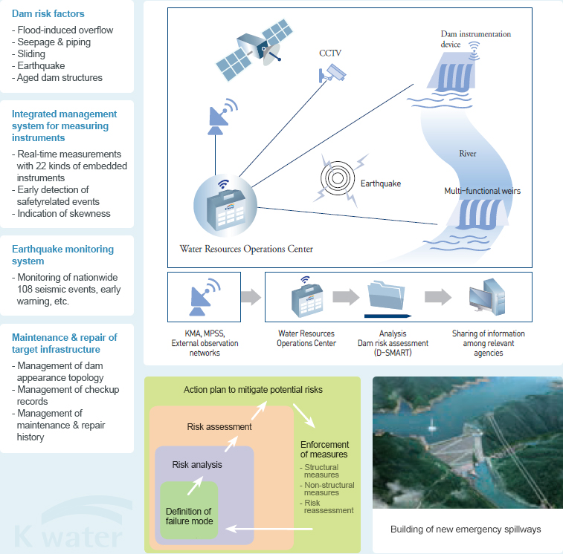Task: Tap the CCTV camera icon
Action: click(332, 74)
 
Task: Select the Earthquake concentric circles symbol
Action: click(338, 178)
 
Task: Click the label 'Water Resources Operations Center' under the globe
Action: click(246, 249)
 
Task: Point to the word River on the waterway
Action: click(468, 154)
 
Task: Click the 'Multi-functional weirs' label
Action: click(482, 191)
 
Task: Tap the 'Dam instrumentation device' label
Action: click(476, 39)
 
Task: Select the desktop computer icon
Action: click(487, 297)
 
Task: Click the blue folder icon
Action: click(387, 296)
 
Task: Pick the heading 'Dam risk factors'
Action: click(48, 13)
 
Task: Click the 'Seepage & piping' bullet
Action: click(51, 42)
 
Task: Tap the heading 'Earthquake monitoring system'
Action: click(62, 255)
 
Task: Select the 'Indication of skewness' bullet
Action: click(62, 213)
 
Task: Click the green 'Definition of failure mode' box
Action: click(189, 510)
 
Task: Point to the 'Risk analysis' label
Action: click(197, 465)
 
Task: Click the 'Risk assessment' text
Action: click(219, 427)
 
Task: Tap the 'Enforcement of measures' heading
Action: click(324, 449)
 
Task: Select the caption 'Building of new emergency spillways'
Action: click(466, 529)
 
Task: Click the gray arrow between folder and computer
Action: click(438, 297)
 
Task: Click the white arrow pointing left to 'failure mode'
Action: click(269, 529)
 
